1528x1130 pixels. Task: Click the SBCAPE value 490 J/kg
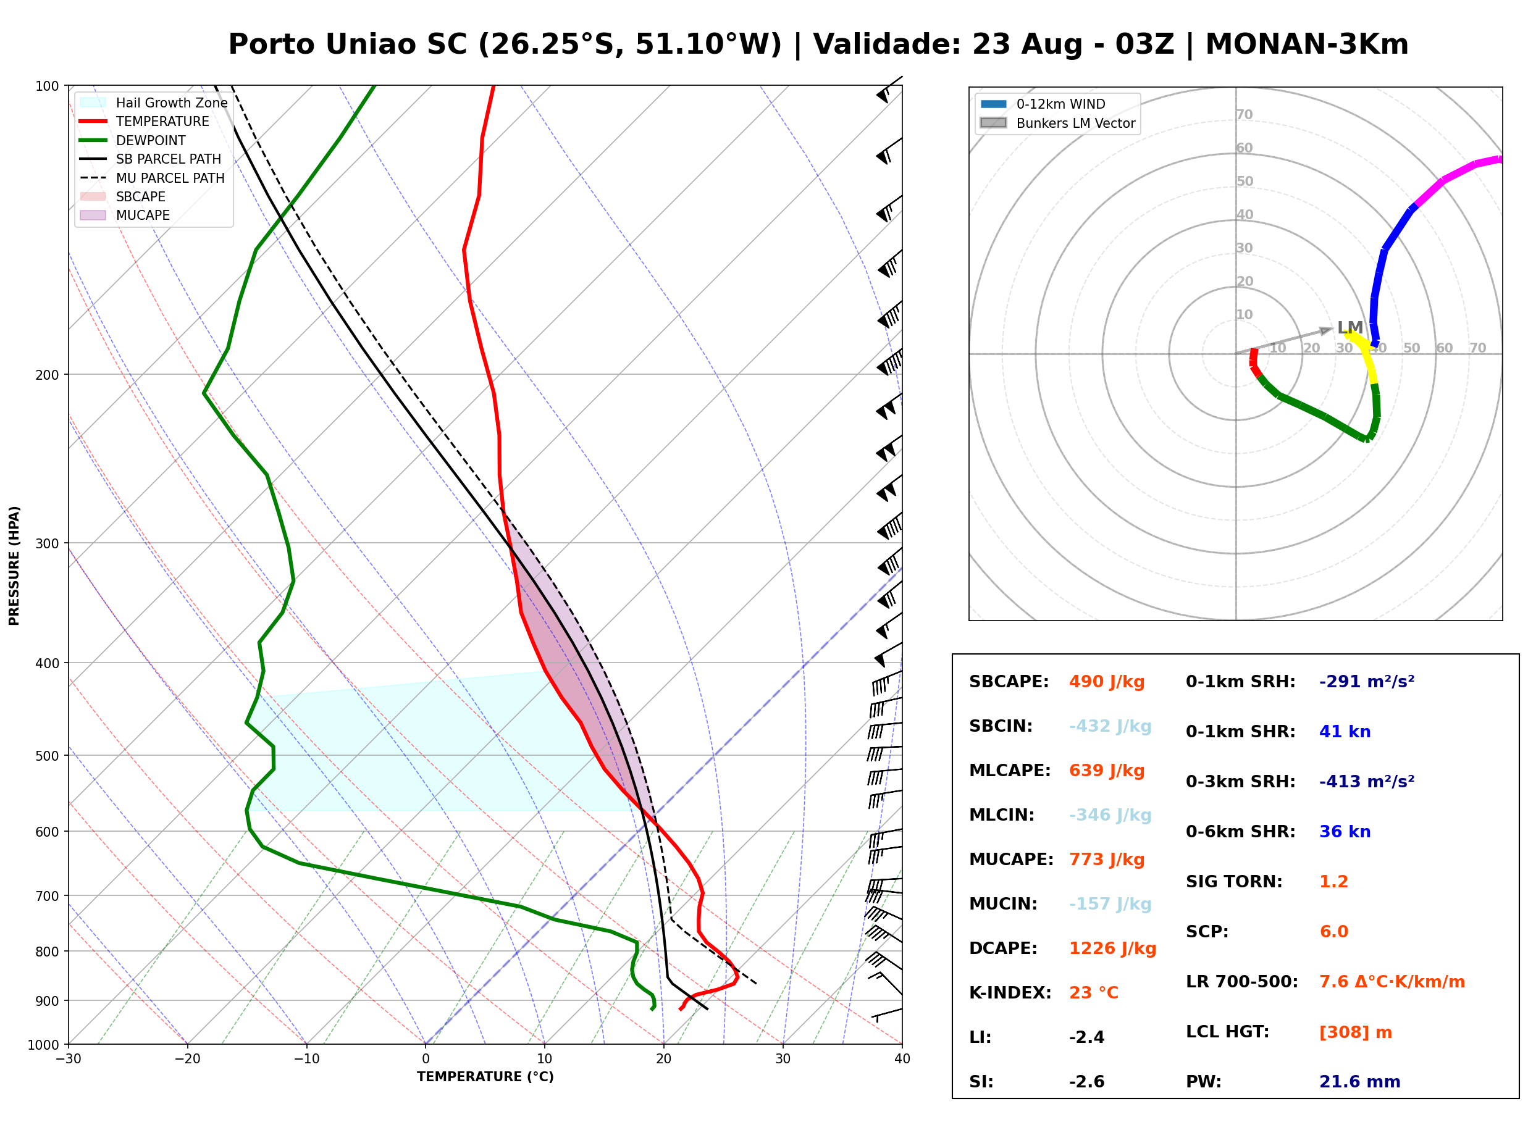point(1107,682)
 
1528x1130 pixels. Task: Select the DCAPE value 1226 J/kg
point(1112,948)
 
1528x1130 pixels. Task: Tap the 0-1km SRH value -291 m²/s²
point(1366,682)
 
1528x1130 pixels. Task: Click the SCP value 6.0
point(1333,932)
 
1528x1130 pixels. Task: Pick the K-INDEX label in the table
point(1010,993)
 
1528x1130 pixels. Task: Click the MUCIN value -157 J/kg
point(1110,904)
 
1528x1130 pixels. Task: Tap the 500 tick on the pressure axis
point(49,756)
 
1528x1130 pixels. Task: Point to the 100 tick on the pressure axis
point(49,85)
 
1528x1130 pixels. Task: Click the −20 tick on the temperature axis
point(187,1059)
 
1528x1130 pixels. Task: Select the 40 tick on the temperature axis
point(902,1059)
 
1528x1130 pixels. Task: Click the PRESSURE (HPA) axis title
point(14,566)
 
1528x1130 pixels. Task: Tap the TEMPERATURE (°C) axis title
point(485,1078)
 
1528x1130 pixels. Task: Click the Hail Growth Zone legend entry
point(154,103)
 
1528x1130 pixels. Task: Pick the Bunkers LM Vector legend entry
point(1057,123)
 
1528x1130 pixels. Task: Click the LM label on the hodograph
point(1350,328)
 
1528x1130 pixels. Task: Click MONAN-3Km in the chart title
point(1306,44)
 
